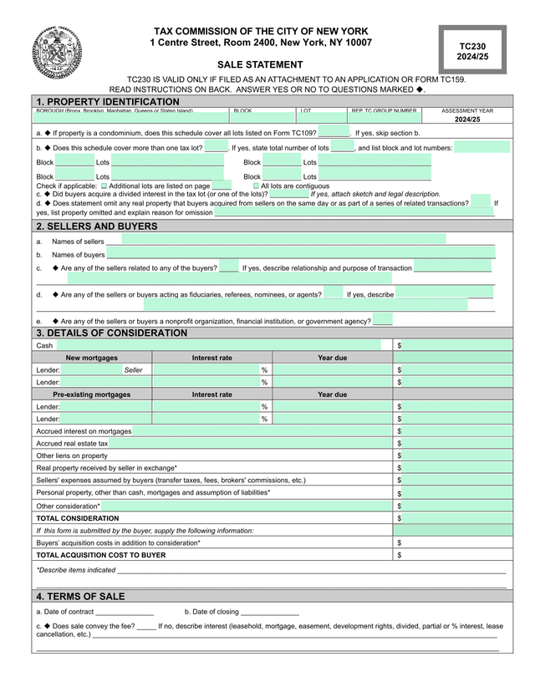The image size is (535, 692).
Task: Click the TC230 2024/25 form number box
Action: point(472,50)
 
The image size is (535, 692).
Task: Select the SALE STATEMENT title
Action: point(260,64)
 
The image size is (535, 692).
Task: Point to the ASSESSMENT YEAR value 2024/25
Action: point(467,120)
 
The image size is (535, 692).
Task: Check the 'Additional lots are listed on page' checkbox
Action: point(104,186)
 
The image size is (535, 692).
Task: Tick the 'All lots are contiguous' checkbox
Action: point(257,186)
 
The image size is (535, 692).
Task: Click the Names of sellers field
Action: point(276,241)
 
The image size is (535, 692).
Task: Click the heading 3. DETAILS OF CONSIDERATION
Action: point(112,333)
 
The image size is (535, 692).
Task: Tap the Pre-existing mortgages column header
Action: point(92,394)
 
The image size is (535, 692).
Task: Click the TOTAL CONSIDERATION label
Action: point(78,518)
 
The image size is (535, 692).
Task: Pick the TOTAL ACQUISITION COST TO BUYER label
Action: point(101,555)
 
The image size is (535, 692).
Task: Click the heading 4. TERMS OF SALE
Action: point(80,597)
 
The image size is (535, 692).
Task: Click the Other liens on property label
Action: point(72,455)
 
